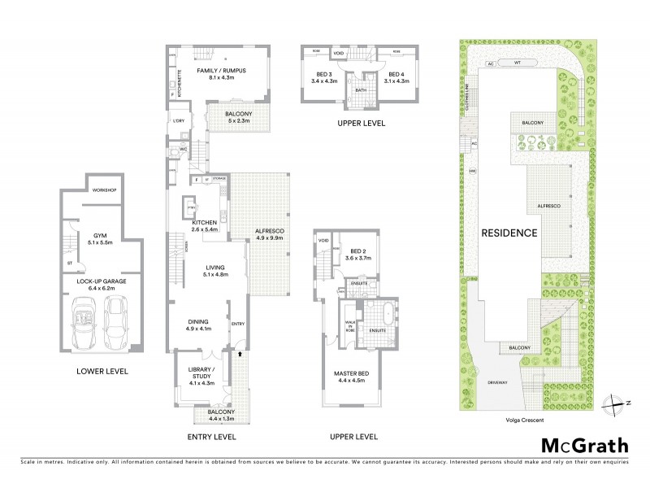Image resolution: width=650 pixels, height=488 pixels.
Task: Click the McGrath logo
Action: click(x=584, y=445)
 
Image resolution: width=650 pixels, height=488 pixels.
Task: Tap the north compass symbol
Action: click(x=618, y=402)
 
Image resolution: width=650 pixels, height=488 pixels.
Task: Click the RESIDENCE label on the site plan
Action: click(x=510, y=233)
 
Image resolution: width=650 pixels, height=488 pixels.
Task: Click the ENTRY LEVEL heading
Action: click(x=211, y=437)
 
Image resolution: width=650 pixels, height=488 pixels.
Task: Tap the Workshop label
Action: click(x=105, y=190)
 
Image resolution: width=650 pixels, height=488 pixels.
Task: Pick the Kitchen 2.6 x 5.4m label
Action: click(x=204, y=225)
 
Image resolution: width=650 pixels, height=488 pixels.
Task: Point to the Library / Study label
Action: click(x=201, y=377)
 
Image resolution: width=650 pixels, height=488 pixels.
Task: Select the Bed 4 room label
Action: click(x=393, y=78)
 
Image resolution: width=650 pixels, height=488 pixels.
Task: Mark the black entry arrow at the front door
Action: click(x=240, y=354)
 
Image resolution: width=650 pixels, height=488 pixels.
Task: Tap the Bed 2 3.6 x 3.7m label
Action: click(x=359, y=254)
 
